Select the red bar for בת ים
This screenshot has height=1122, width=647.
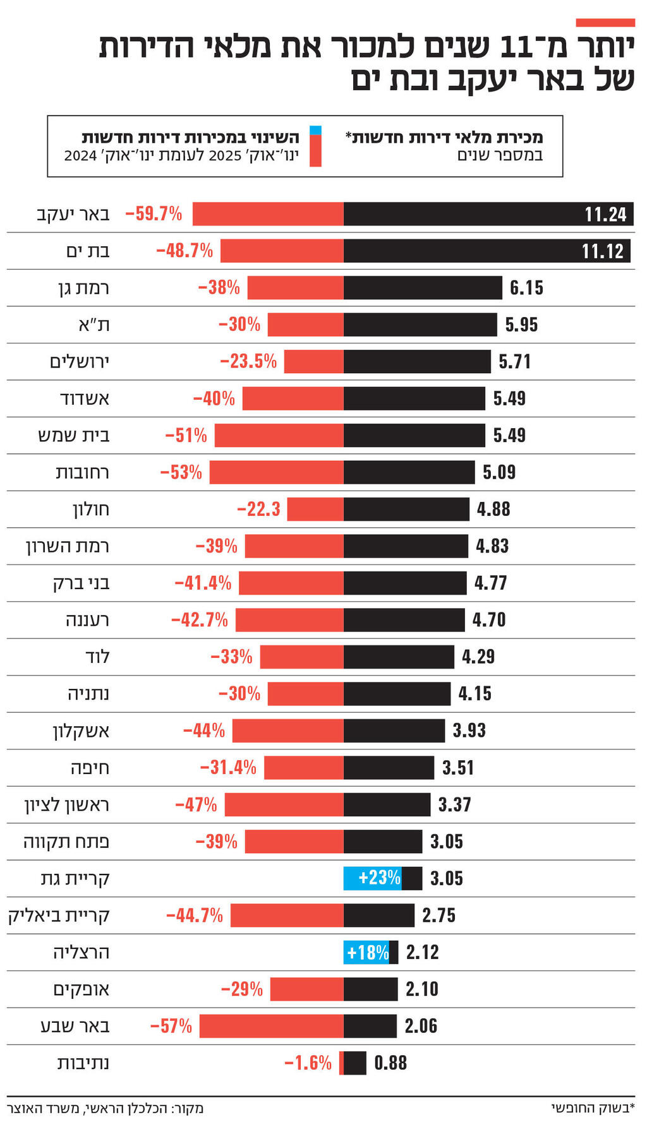282,251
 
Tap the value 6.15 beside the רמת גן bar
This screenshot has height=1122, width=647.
526,288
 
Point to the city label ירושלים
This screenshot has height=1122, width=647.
80,362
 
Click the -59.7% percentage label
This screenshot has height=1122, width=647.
154,214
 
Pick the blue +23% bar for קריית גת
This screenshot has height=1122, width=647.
372,878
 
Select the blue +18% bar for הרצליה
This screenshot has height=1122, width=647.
366,952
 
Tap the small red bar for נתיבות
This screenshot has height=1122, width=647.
341,1063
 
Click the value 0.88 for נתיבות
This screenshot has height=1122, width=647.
390,1063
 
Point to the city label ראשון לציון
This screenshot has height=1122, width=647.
67,805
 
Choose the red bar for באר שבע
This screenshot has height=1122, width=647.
272,1026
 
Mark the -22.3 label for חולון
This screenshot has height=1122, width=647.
258,510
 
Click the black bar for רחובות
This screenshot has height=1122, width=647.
409,472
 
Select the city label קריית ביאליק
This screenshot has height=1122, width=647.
59,916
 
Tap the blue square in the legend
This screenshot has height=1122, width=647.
315,131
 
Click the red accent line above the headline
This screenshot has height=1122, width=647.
605,23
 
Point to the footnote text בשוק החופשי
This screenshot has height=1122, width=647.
593,1107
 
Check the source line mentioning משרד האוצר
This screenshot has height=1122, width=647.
105,1108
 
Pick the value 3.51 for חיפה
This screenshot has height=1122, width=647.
458,768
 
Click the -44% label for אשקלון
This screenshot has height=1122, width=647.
204,731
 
